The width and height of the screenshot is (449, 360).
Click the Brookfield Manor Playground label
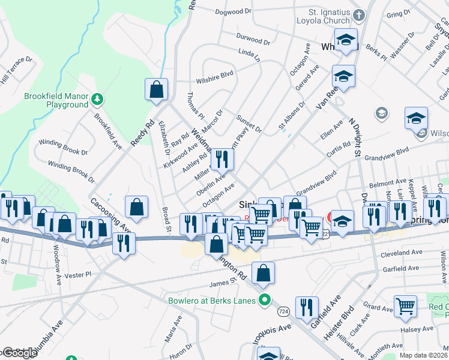(x=56, y=100)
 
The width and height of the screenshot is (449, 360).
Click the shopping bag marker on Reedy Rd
(x=156, y=90)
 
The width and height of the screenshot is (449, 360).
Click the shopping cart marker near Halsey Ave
(x=406, y=306)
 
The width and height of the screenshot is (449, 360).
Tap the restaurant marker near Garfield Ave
(x=307, y=307)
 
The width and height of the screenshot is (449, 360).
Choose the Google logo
(x=19, y=353)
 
